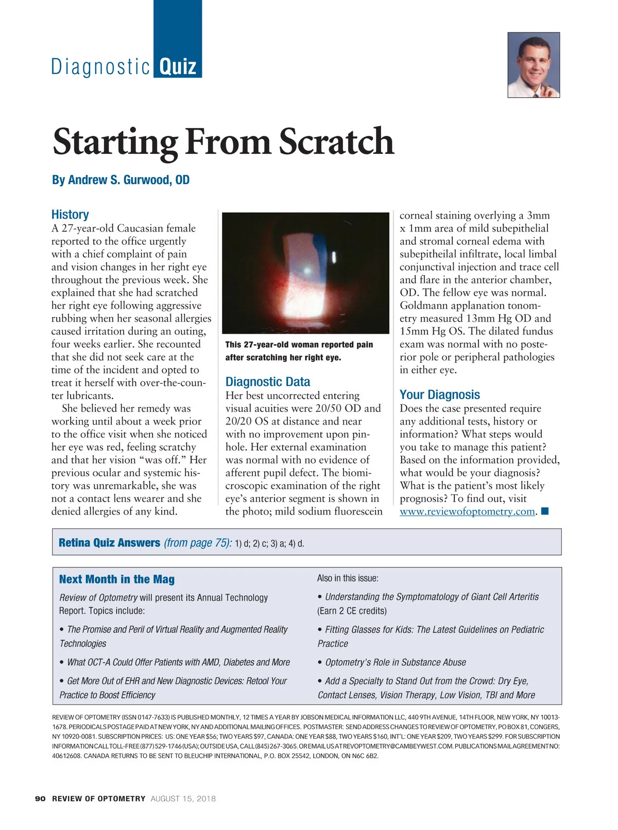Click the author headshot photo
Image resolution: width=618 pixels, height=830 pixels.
534,65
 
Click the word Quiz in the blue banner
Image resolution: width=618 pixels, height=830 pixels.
178,67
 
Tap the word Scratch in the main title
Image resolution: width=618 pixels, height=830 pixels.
336,142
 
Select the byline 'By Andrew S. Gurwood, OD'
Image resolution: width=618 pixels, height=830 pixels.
121,180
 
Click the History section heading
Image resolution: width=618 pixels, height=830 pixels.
70,215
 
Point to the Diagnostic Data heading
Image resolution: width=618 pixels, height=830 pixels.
268,382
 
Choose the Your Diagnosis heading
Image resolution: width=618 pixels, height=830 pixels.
440,395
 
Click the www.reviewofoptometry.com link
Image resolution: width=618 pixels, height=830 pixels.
467,511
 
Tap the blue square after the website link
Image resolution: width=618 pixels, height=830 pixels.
545,511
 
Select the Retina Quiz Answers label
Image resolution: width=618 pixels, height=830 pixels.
109,543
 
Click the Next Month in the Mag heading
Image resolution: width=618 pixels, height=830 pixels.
117,579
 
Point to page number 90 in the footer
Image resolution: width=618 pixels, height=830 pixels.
40,799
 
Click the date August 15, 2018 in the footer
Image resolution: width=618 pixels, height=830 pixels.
183,799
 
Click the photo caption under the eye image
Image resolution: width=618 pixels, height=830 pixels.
299,351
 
